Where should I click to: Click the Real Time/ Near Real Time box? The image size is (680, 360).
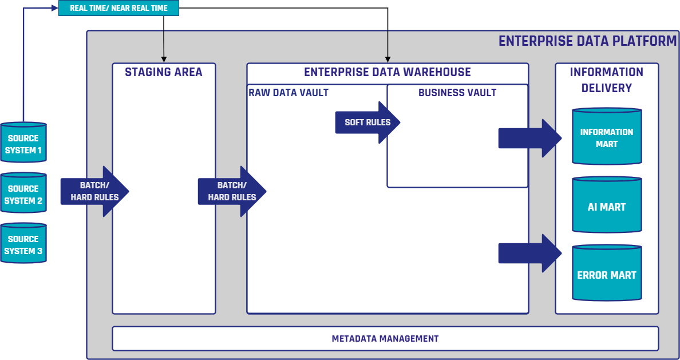[x=118, y=8]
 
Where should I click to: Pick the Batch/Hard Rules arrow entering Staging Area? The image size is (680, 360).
[x=94, y=191]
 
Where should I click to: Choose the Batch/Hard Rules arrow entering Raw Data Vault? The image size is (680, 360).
[x=231, y=191]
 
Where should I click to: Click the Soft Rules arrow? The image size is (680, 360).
[x=367, y=122]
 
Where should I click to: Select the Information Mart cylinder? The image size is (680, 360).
[x=606, y=137]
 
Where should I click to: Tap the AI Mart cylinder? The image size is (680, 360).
[x=606, y=206]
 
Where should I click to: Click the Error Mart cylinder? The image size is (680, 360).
[x=606, y=274]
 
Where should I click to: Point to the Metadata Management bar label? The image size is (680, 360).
[x=385, y=339]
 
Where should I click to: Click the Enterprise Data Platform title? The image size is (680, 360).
[x=587, y=41]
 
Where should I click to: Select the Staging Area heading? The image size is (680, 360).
[x=164, y=72]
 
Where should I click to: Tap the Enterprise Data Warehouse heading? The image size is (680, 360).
[x=387, y=72]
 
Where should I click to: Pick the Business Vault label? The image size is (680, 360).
[x=457, y=93]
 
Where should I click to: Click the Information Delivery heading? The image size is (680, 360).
[x=606, y=80]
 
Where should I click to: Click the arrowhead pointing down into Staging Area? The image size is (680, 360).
[x=164, y=59]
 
